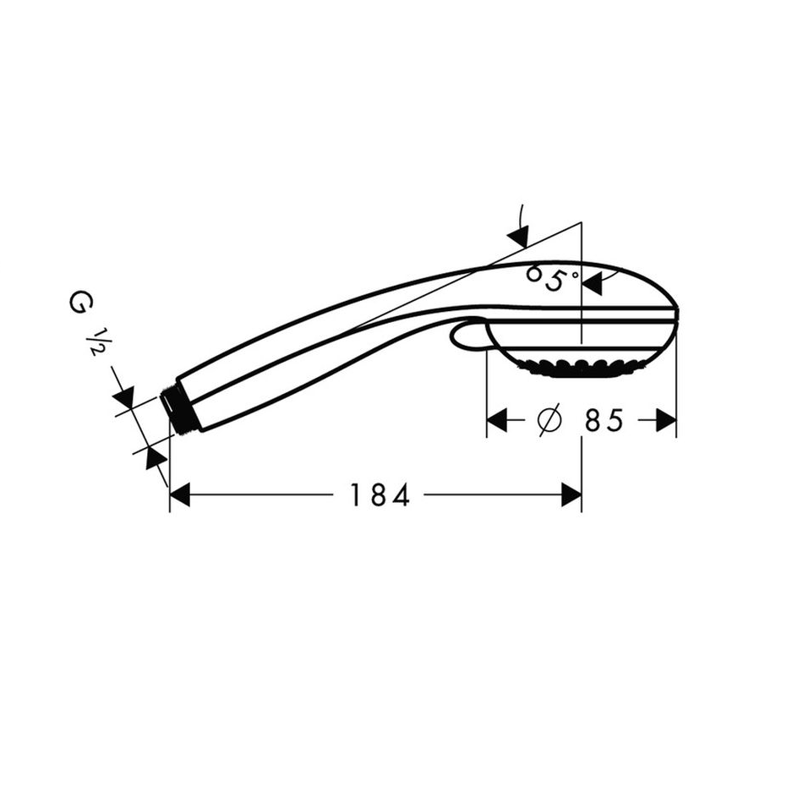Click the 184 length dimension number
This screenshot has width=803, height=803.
380,495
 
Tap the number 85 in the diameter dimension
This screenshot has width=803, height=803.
604,420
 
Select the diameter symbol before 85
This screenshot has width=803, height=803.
549,420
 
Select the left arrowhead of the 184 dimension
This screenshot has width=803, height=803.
180,494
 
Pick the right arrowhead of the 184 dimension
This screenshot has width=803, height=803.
571,494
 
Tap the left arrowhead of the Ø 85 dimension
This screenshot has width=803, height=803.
497,420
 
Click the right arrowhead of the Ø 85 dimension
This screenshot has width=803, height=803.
666,420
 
